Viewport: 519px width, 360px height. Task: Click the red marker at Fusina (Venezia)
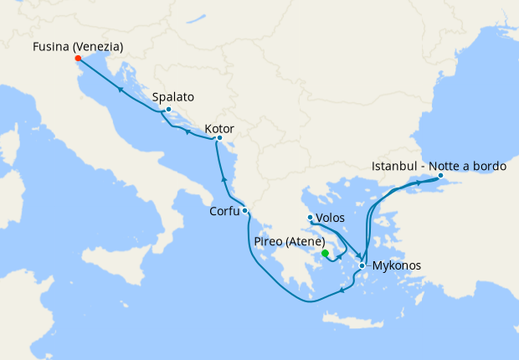click(x=78, y=59)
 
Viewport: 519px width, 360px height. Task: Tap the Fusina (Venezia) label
click(x=78, y=47)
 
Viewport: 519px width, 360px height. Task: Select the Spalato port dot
click(x=168, y=110)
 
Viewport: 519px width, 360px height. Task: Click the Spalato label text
click(x=173, y=97)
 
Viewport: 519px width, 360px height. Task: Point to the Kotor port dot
click(x=219, y=138)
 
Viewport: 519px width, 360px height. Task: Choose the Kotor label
click(x=219, y=129)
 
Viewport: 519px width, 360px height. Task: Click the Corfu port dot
click(x=244, y=211)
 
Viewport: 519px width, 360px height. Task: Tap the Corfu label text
click(x=224, y=212)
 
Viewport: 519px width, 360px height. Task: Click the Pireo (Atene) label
click(x=289, y=242)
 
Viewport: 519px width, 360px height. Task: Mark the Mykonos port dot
click(x=362, y=266)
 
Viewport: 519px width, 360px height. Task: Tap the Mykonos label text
click(x=395, y=266)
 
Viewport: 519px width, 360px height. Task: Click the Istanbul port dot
click(x=440, y=176)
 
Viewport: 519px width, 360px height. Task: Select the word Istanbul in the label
click(x=394, y=167)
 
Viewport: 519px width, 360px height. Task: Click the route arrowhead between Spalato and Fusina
click(x=121, y=88)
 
